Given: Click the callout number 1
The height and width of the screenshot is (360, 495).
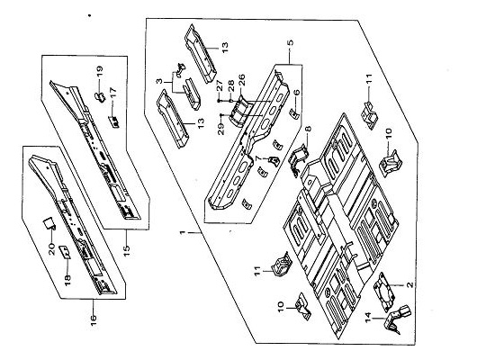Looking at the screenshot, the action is (x=182, y=233).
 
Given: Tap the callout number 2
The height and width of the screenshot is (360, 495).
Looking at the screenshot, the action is (x=409, y=284).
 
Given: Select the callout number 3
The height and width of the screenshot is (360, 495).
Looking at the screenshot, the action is (x=160, y=81).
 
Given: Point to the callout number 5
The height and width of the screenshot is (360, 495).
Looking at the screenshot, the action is (x=291, y=42).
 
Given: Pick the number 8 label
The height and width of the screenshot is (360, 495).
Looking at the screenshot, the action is (x=308, y=129).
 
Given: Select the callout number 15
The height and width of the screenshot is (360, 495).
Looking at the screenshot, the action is (x=126, y=251).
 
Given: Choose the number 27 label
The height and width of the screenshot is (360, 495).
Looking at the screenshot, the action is (x=220, y=85).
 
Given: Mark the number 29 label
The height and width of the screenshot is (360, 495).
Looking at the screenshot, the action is (x=221, y=129).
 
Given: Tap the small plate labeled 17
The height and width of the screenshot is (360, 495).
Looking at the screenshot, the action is (x=114, y=121).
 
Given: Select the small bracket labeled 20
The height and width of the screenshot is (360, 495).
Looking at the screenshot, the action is (x=49, y=224).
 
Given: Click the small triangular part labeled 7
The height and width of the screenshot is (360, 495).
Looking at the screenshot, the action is (x=274, y=161).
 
